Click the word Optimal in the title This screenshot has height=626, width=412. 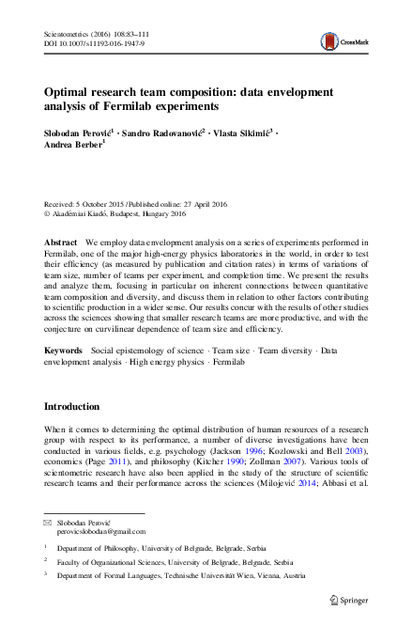71,95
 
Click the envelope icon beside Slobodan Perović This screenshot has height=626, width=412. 49,521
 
